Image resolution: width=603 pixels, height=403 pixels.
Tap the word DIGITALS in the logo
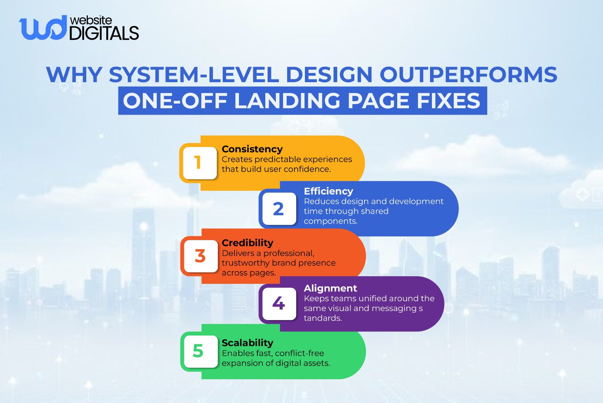[x=104, y=33]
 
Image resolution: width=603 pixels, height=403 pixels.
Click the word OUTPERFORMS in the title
[x=468, y=74]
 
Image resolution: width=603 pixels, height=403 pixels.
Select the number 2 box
[x=279, y=209]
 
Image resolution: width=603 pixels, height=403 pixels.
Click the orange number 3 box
[x=200, y=256]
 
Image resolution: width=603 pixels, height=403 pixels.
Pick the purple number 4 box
[x=279, y=303]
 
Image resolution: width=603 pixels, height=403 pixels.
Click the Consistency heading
[x=252, y=149]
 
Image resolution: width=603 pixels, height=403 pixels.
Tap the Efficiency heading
[x=328, y=191]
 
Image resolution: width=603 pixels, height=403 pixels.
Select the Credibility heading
[x=247, y=243]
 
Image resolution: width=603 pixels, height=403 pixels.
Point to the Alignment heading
[x=330, y=288]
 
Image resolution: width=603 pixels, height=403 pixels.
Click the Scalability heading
[x=247, y=343]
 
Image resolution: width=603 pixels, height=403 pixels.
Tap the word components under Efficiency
[x=330, y=221]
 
